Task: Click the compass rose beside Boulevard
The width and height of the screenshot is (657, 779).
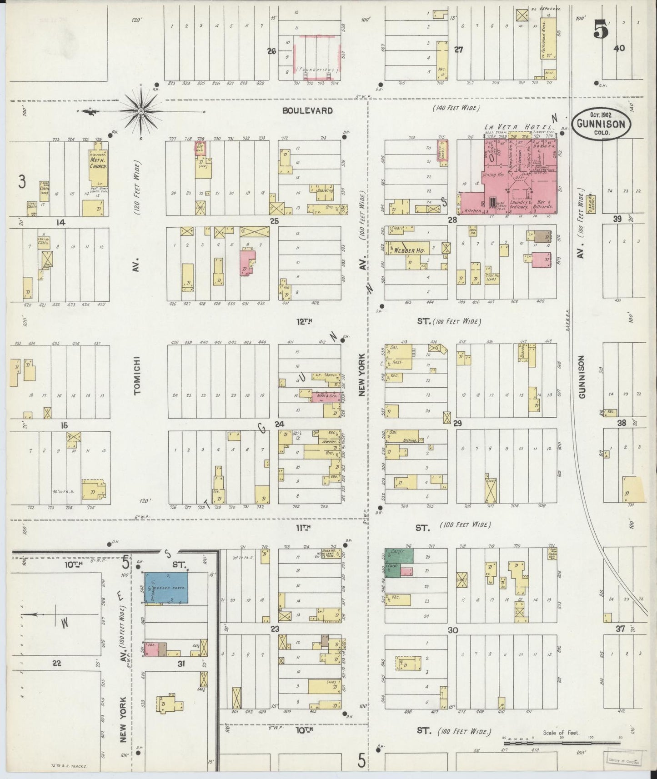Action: pos(141,110)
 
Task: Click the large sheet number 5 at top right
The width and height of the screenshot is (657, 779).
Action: pos(601,31)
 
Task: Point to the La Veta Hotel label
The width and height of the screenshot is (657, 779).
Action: pos(518,127)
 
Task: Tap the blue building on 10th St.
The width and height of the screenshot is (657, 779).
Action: pos(166,588)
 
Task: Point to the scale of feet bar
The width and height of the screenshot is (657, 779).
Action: pos(561,743)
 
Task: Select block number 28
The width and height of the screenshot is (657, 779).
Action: pos(451,220)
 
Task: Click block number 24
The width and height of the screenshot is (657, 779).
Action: pos(279,424)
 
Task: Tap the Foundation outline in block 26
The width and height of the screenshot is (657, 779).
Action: pos(316,70)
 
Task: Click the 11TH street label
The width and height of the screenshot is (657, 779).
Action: pos(303,528)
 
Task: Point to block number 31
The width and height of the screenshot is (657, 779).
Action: pos(181,664)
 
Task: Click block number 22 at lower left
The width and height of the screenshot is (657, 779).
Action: pos(56,663)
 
